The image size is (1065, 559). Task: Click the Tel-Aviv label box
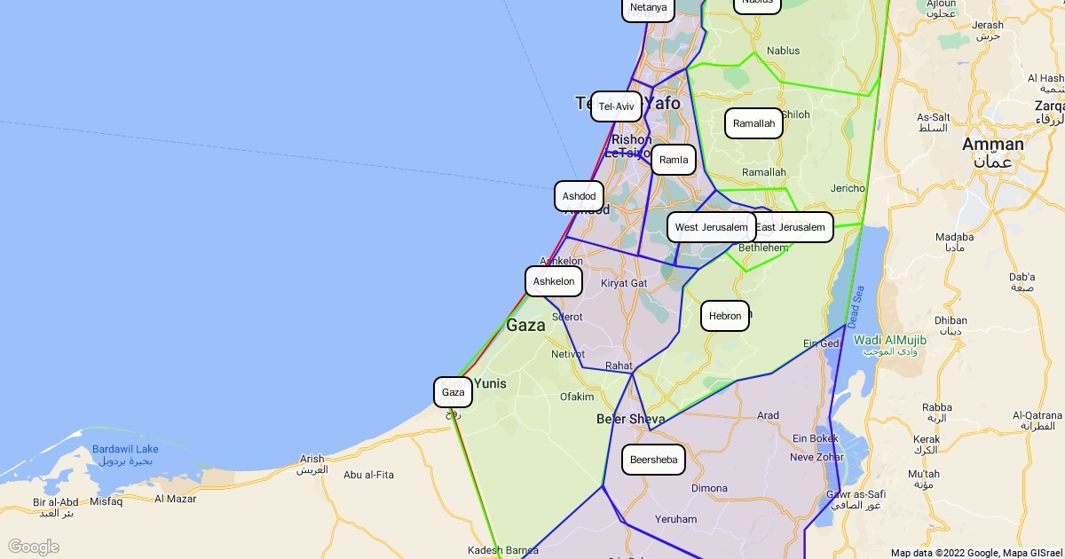tap(616, 106)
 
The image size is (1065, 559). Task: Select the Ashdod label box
tap(579, 196)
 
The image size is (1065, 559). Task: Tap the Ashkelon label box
tap(554, 281)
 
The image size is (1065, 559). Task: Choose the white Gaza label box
tap(453, 392)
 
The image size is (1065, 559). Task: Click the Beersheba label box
tap(653, 460)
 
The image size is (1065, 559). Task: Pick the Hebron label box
tap(725, 316)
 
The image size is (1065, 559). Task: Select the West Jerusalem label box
tap(711, 227)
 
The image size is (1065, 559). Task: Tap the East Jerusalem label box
tap(791, 227)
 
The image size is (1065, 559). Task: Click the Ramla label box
tap(674, 160)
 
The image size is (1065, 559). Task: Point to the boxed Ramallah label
tap(753, 123)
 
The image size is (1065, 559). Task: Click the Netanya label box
tap(648, 8)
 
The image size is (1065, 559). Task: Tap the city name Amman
tap(993, 144)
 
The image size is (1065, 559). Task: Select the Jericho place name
tap(848, 188)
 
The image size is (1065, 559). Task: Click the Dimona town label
tap(709, 488)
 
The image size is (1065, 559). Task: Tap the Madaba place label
tap(954, 237)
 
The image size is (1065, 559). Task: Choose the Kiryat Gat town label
tap(624, 283)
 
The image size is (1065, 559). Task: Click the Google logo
tap(33, 547)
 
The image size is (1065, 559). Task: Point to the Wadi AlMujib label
tap(890, 341)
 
